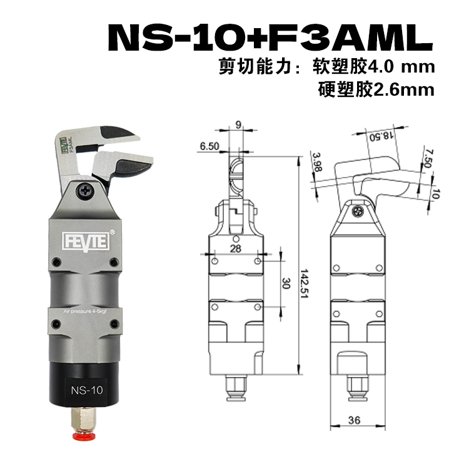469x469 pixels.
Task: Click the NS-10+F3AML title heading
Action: coord(271,38)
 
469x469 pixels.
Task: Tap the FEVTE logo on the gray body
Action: coord(86,241)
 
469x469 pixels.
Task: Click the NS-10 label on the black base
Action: coord(87,390)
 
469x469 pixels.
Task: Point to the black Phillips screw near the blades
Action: coord(85,191)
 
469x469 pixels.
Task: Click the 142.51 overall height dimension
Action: coord(304,283)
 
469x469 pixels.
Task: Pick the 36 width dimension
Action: coord(354,421)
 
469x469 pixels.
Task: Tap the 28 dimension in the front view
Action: coord(236,248)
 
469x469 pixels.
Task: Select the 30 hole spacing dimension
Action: coord(286,283)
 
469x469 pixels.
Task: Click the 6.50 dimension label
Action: coord(209,146)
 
